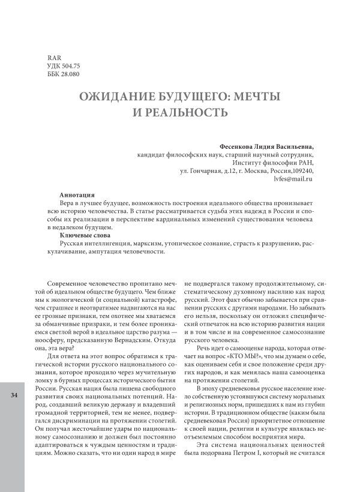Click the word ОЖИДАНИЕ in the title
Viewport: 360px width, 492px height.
119,96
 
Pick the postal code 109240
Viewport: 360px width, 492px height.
299,170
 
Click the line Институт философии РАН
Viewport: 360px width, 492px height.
272,161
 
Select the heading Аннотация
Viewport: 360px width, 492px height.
76,195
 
